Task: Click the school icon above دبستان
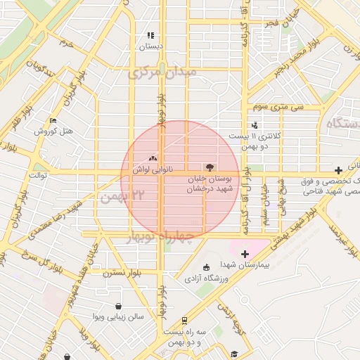coord(150,35)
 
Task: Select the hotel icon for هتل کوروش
coord(53,121)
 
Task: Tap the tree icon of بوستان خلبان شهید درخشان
coord(208,167)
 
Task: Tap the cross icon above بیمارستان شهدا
coord(245,254)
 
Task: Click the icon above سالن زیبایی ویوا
coord(117,306)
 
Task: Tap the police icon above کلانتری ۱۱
coord(254,124)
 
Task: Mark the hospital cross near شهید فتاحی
coord(339,169)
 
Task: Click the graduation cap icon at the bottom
coord(234,354)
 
